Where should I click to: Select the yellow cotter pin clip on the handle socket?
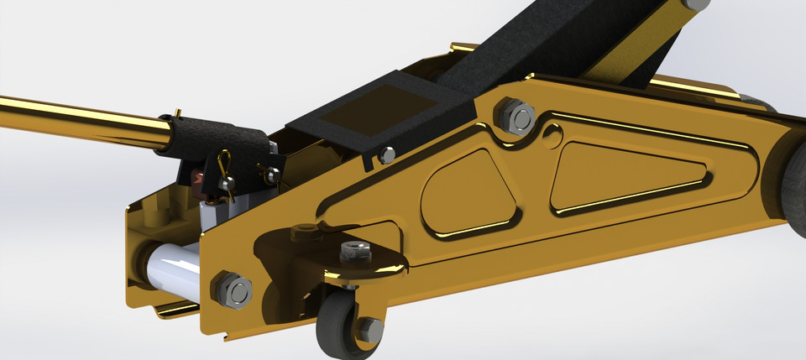225,173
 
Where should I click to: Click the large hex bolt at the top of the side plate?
516,117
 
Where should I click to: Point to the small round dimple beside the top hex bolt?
552,133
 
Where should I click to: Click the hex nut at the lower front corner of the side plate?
234,291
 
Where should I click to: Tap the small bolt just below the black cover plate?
386,154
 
